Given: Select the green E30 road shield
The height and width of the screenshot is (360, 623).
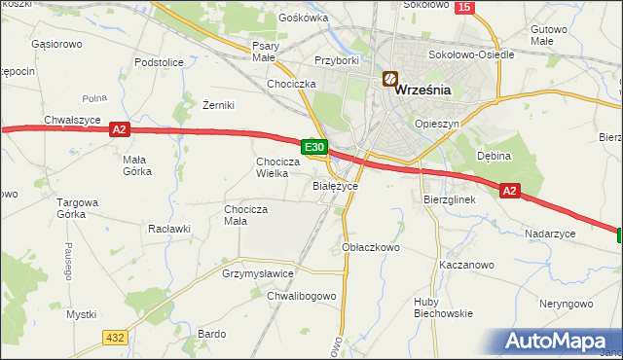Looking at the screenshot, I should click(313, 147).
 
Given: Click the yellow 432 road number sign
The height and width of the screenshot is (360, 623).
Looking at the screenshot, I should click(115, 337).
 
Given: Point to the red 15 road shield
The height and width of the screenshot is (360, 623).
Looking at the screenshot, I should click(464, 7).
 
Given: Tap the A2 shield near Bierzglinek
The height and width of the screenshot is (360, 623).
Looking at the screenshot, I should click(510, 192).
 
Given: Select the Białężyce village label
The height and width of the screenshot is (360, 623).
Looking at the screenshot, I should click(336, 185).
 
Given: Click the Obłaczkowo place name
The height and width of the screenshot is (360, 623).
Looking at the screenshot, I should click(372, 247).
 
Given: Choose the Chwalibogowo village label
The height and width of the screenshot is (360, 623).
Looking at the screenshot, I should click(302, 296).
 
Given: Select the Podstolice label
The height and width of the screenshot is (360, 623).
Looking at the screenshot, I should click(160, 62).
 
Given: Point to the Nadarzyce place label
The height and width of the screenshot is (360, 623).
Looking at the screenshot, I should click(550, 234).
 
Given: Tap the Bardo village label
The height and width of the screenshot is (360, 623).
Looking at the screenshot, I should click(211, 334).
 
